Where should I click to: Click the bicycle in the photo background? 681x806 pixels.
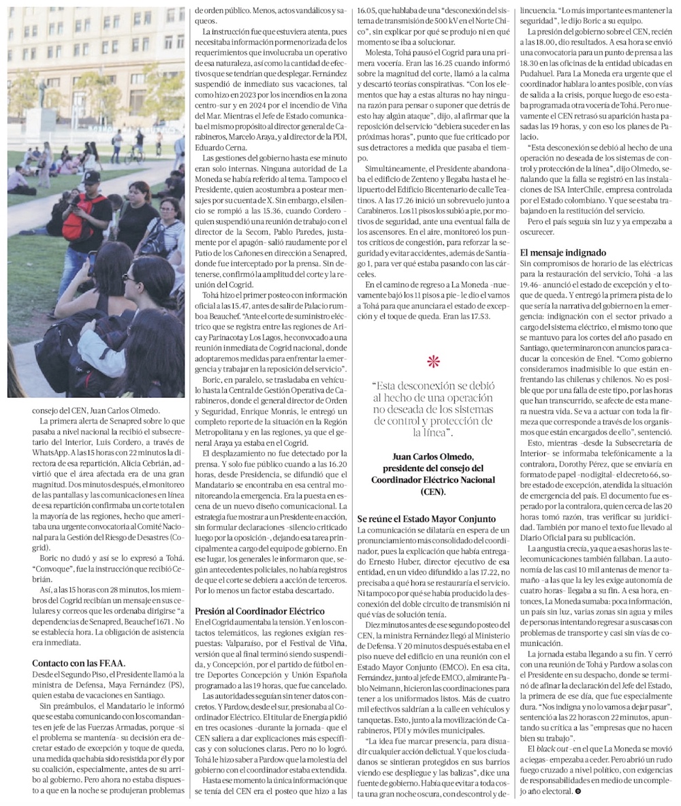click(134, 155)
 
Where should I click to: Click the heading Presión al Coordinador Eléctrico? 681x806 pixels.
click(249, 611)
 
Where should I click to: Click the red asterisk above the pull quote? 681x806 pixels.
click(432, 361)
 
